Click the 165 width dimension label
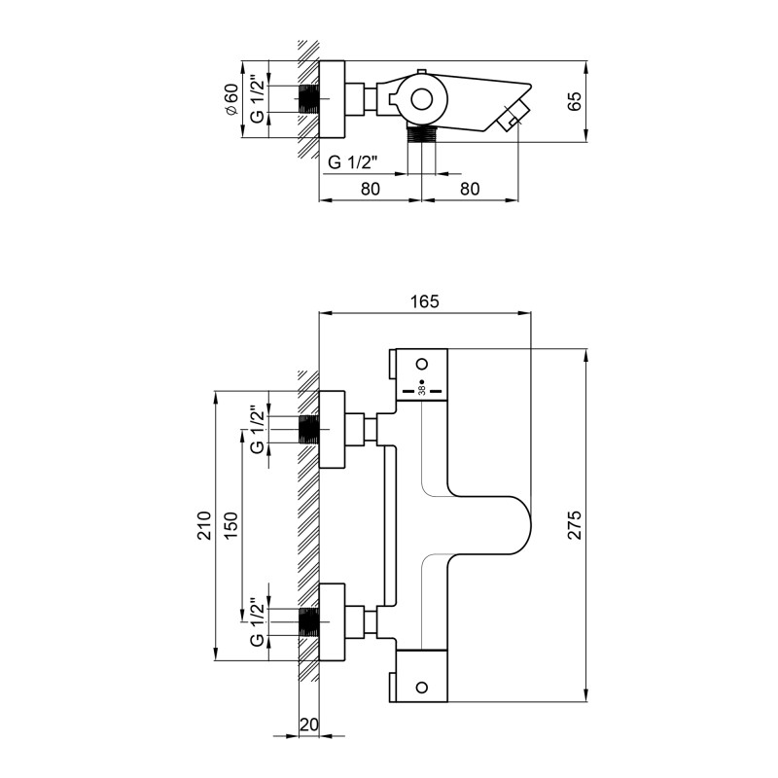pos(425,301)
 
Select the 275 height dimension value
pos(574,524)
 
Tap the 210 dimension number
pos(204,525)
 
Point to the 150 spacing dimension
pos(231,525)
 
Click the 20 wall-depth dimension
pos(308,725)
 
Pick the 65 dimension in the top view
pos(574,101)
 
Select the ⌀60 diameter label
pos(231,99)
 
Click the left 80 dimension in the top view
pos(371,189)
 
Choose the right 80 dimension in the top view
pos(470,189)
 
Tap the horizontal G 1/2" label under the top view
pos(353,162)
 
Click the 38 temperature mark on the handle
pos(422,391)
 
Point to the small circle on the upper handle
pos(422,364)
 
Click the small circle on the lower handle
pos(422,688)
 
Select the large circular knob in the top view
pos(422,100)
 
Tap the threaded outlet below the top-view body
pos(421,134)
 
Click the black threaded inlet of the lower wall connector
pos(308,621)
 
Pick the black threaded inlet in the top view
pos(308,99)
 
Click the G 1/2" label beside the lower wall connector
pos(258,621)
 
